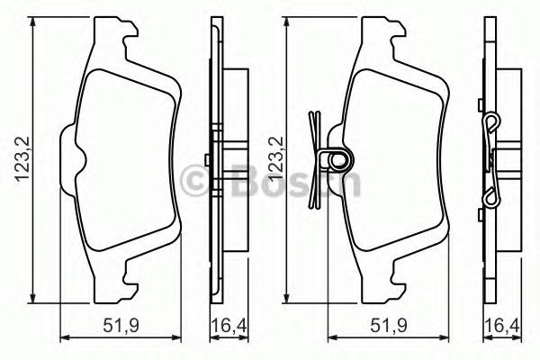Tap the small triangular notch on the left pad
(x=79, y=163)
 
